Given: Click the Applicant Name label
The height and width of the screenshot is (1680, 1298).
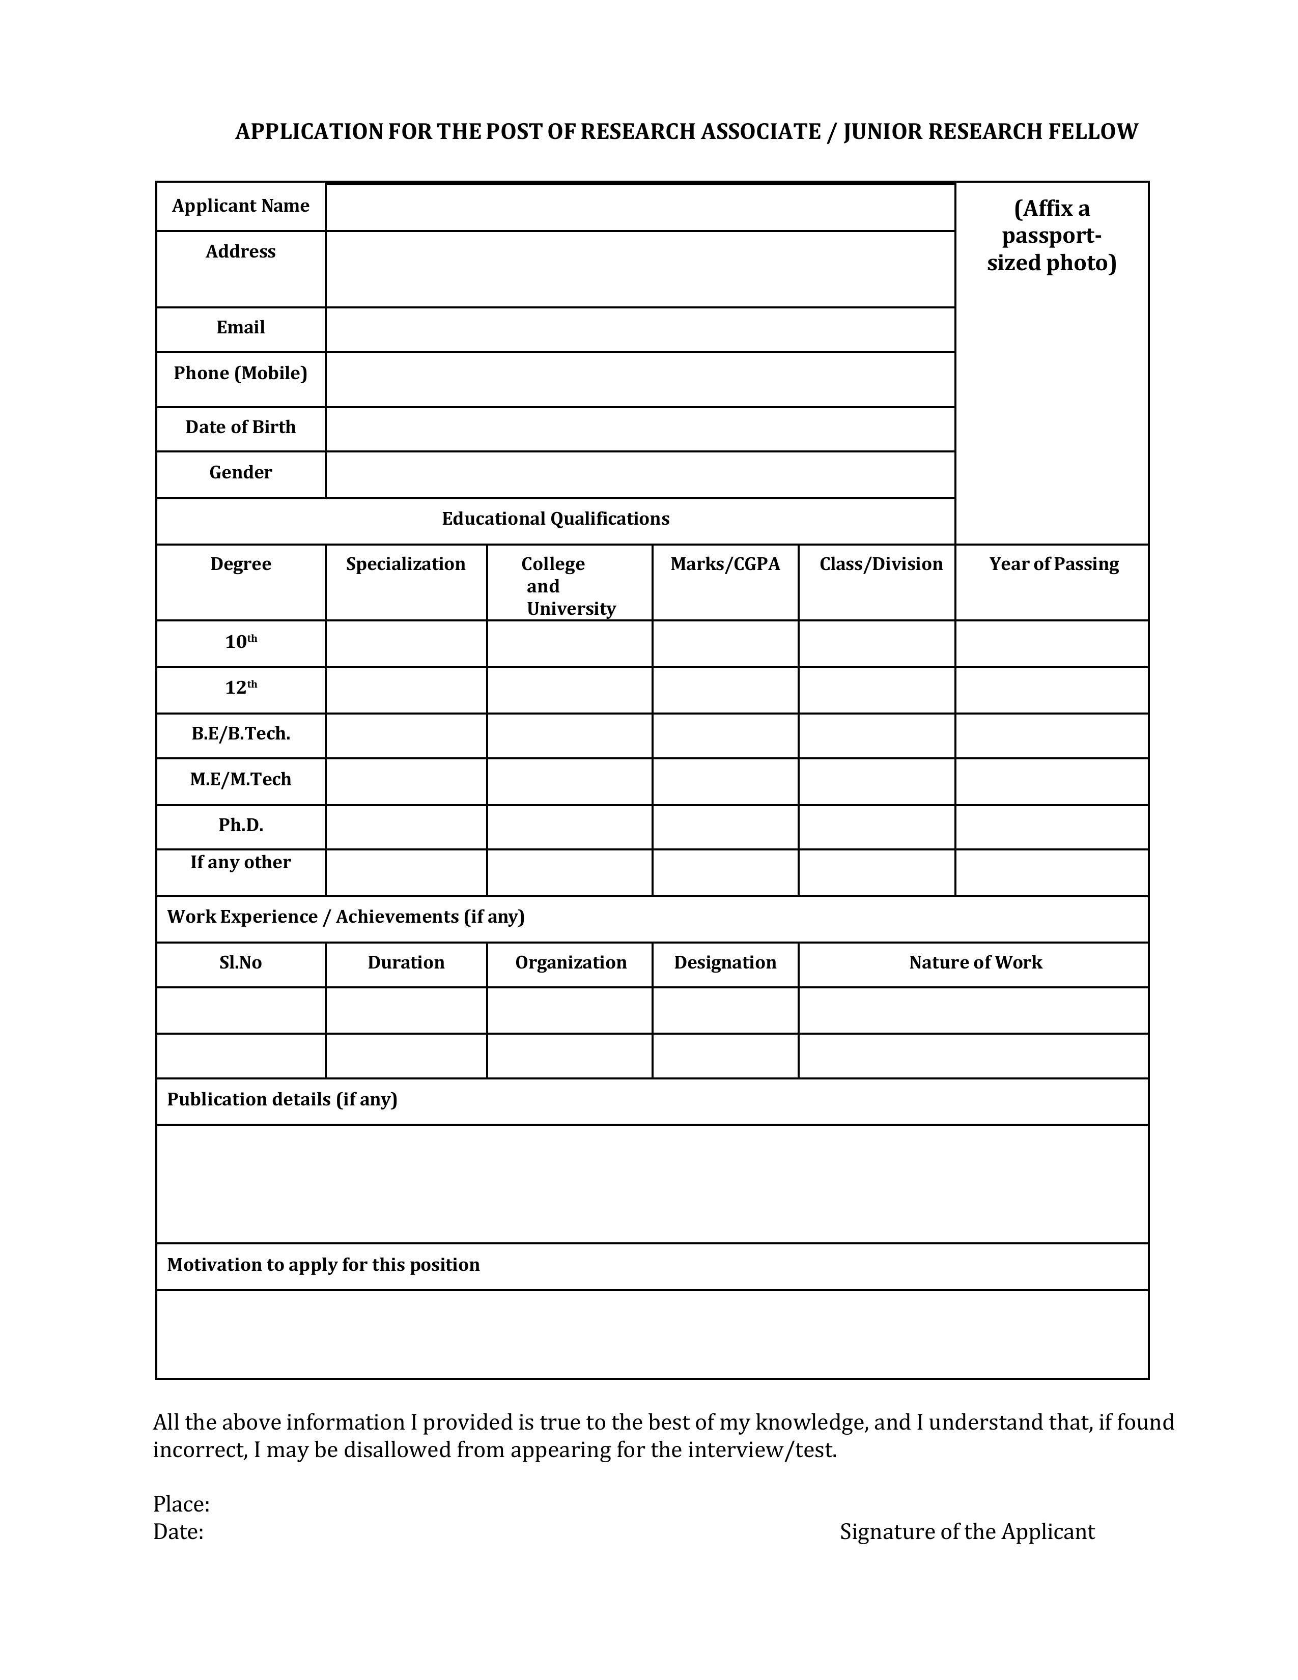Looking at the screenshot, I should pos(240,206).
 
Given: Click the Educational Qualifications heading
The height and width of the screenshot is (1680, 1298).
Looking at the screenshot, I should pos(555,519).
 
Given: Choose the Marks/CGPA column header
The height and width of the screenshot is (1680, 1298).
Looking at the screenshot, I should pos(725,564).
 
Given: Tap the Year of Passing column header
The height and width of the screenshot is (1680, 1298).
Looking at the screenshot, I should pos(1053,564).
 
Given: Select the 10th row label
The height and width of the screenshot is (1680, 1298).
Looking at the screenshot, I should pos(240,642).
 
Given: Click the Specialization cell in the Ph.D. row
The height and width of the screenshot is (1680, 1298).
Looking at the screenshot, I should pos(406,827).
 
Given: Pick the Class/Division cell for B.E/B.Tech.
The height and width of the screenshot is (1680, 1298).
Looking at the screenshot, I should pos(877,735).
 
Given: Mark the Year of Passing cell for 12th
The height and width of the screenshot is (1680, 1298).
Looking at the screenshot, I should pos(1051,690).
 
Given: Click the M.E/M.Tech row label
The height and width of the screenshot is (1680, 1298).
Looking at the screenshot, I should pos(240,780).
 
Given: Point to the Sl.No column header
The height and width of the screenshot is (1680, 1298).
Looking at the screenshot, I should pos(240,963).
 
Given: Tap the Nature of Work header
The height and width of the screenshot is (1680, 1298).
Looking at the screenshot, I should pos(975,963).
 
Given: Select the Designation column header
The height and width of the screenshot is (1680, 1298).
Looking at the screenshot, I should pos(725,963).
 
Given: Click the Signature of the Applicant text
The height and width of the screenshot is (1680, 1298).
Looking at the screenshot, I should pos(967,1532).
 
